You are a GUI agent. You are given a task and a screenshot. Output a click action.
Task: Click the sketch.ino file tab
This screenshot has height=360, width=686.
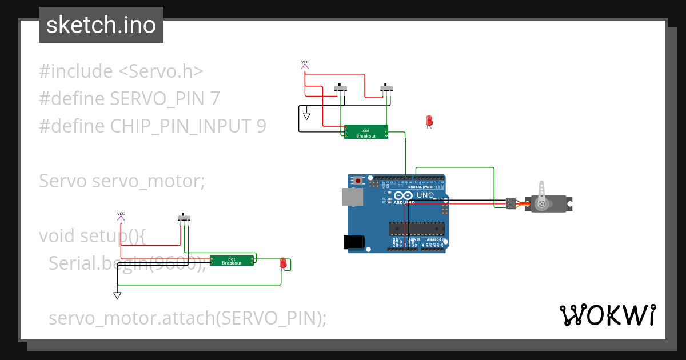(x=101, y=25)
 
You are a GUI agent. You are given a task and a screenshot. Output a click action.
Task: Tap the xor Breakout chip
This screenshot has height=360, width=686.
(x=366, y=132)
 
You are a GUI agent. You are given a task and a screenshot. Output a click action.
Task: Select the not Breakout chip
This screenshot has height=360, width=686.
(x=232, y=261)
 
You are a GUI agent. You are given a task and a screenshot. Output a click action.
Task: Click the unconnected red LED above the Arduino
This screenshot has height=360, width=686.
(x=429, y=121)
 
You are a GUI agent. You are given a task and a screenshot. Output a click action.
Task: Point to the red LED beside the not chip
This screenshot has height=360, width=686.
(x=282, y=263)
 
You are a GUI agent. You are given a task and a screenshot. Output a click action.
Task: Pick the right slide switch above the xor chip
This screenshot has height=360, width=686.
(x=387, y=89)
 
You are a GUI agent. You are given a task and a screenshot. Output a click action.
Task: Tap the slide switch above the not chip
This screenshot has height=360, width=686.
(x=184, y=218)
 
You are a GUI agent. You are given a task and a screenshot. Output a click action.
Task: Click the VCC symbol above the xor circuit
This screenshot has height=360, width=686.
(x=305, y=65)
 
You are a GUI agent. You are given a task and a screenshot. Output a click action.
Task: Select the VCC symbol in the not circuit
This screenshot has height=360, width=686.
(x=121, y=216)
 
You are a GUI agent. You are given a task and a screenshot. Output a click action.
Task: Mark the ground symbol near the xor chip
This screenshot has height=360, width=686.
(x=306, y=115)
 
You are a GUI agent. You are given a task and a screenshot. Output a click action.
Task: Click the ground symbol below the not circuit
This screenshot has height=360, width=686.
(x=117, y=295)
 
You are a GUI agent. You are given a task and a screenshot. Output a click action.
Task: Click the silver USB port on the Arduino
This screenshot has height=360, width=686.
(x=351, y=197)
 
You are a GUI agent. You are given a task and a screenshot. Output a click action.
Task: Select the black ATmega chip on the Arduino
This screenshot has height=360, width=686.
(x=416, y=229)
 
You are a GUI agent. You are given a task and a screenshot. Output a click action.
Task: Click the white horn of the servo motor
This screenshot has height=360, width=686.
(x=541, y=191)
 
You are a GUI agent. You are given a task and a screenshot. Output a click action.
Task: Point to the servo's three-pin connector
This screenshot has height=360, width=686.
(x=510, y=203)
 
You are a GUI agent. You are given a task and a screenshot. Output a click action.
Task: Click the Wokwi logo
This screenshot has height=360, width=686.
(x=607, y=315)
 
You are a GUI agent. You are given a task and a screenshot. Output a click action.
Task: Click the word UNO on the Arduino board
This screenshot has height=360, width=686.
(x=425, y=195)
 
